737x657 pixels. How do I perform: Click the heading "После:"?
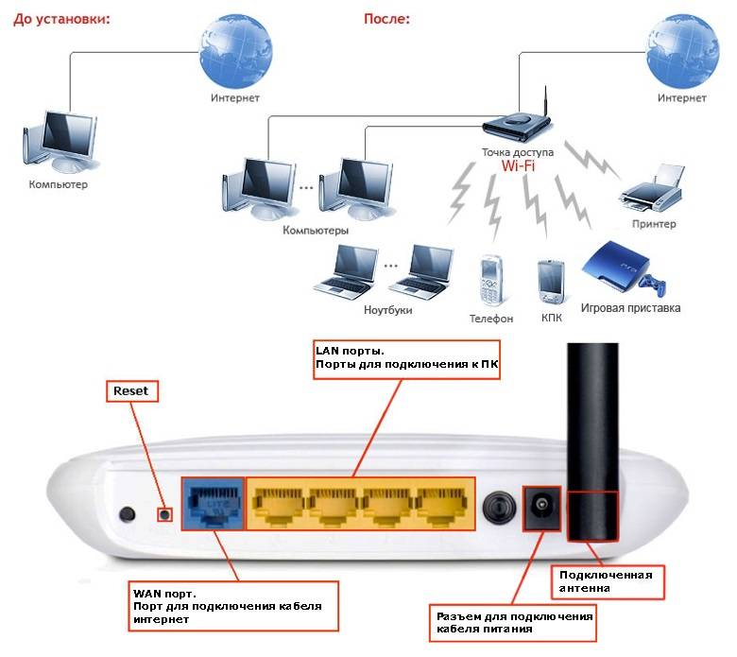pos(386,18)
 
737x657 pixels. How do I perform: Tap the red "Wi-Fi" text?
pos(519,167)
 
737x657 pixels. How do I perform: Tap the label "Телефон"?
pos(491,319)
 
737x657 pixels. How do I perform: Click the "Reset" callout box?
pos(131,389)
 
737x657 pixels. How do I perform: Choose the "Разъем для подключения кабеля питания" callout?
pos(514,622)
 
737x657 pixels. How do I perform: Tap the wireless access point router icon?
pos(516,125)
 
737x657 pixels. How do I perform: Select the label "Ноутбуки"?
pos(388,309)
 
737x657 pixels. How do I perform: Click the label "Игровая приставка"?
pos(630,307)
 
